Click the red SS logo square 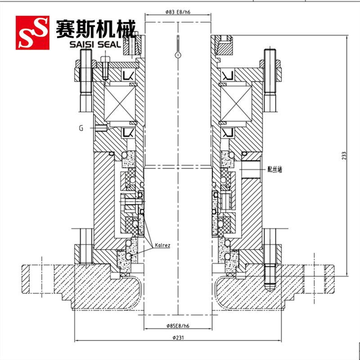[x=32, y=32]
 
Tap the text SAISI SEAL [x=95, y=44]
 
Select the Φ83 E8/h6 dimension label [x=178, y=12]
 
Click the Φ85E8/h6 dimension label [x=178, y=325]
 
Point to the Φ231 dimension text [x=178, y=337]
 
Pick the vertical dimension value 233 [x=344, y=156]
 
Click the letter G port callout [x=81, y=128]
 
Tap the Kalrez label [x=162, y=245]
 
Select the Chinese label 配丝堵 [x=275, y=170]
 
